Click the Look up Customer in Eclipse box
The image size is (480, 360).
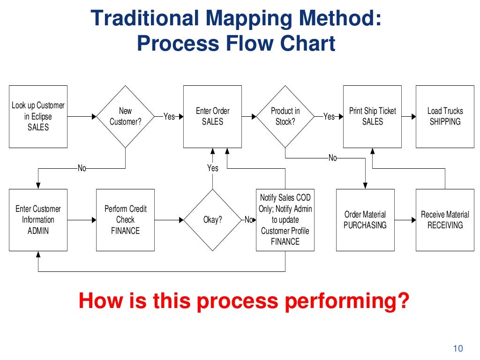click(x=38, y=116)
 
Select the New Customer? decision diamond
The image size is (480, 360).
click(x=125, y=116)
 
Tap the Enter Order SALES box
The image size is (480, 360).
click(x=212, y=116)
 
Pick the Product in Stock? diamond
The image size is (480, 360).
click(x=285, y=116)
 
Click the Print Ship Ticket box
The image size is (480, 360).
click(x=372, y=116)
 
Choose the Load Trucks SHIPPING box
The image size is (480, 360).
click(x=445, y=116)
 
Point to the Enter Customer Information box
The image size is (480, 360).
click(x=38, y=219)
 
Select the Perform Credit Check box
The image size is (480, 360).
click(x=125, y=219)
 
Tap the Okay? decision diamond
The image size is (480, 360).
click(x=212, y=219)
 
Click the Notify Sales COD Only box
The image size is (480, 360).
click(x=285, y=219)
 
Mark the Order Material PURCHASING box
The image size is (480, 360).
click(x=365, y=219)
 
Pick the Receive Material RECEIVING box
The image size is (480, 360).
click(x=445, y=219)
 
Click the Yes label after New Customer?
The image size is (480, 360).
click(x=169, y=116)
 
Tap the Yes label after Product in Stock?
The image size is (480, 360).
click(x=329, y=116)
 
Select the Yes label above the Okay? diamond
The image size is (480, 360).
click(x=213, y=168)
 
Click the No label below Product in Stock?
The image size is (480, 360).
click(x=332, y=158)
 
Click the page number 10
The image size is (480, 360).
click(x=458, y=348)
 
